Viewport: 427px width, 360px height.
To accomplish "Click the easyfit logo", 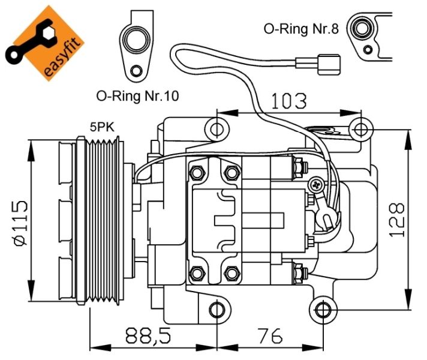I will [45, 46].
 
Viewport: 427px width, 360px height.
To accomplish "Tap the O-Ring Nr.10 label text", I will [137, 95].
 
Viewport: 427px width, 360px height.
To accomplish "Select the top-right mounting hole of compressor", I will [360, 128].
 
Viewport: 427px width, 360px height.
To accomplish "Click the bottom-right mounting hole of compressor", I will [323, 310].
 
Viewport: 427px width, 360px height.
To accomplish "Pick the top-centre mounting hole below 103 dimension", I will [216, 128].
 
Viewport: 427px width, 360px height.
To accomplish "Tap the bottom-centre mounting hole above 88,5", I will [216, 310].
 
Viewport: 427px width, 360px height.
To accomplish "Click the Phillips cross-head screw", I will [315, 184].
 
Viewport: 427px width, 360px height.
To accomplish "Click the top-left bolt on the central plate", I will [196, 173].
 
